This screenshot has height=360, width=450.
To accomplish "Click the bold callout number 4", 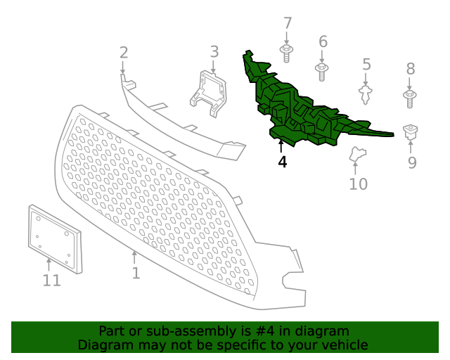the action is tap(283, 162).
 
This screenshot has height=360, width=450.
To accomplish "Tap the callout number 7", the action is tap(288, 23).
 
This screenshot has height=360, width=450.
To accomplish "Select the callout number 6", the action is tap(323, 41).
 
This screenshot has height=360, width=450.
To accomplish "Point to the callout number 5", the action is tap(366, 64).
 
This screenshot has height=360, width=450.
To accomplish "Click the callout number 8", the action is tap(411, 69).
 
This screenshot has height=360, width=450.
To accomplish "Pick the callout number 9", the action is tap(412, 163).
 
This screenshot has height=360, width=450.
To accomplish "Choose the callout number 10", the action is tap(358, 184).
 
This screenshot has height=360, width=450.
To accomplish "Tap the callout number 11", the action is tap(51, 280).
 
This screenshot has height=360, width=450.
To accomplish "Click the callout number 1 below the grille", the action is tap(136, 273).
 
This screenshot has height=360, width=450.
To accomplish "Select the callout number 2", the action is tap(124, 53).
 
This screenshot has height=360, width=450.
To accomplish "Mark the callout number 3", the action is tap(214, 51).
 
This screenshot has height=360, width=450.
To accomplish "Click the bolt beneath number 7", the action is tap(286, 53).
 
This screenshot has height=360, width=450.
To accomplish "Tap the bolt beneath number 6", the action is tap(322, 72).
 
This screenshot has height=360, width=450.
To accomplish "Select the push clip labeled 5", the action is tap(366, 94).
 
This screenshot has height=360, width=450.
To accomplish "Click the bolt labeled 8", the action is tap(410, 99).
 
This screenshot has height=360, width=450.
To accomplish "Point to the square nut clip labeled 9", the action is tap(410, 131).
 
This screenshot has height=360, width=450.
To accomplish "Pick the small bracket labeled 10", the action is tap(358, 154).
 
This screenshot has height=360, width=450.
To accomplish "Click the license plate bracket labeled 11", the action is tap(55, 239).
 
